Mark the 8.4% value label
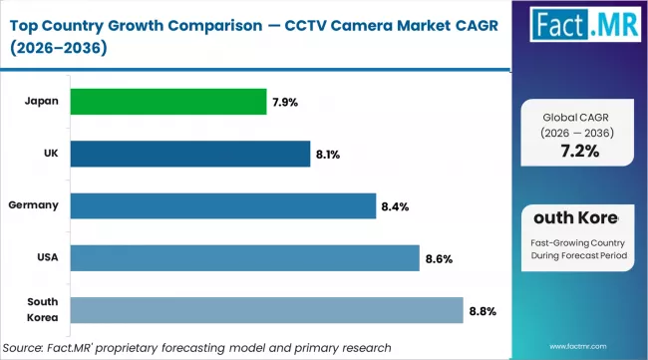tap(395, 206)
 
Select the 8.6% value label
tap(439, 259)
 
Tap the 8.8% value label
tap(483, 311)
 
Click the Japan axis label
tap(41, 101)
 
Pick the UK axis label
tap(50, 154)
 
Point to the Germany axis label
tap(34, 205)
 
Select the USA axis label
tap(47, 258)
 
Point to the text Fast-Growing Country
tap(577, 242)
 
